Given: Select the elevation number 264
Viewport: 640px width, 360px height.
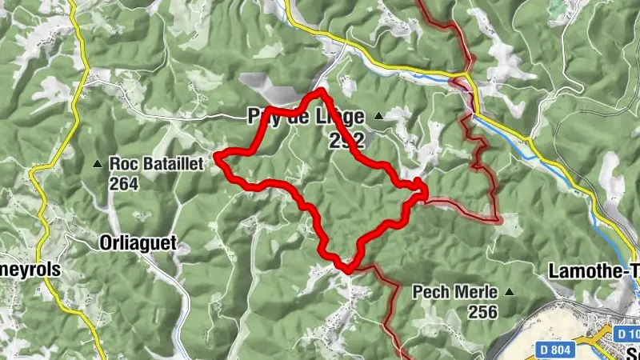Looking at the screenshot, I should pyautogui.click(x=125, y=183).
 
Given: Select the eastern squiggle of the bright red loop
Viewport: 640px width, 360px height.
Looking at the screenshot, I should pyautogui.click(x=420, y=188).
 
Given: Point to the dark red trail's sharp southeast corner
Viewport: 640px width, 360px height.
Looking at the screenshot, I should pyautogui.click(x=498, y=219).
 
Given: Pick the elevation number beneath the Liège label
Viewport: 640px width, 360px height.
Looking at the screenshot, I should pyautogui.click(x=346, y=142).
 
